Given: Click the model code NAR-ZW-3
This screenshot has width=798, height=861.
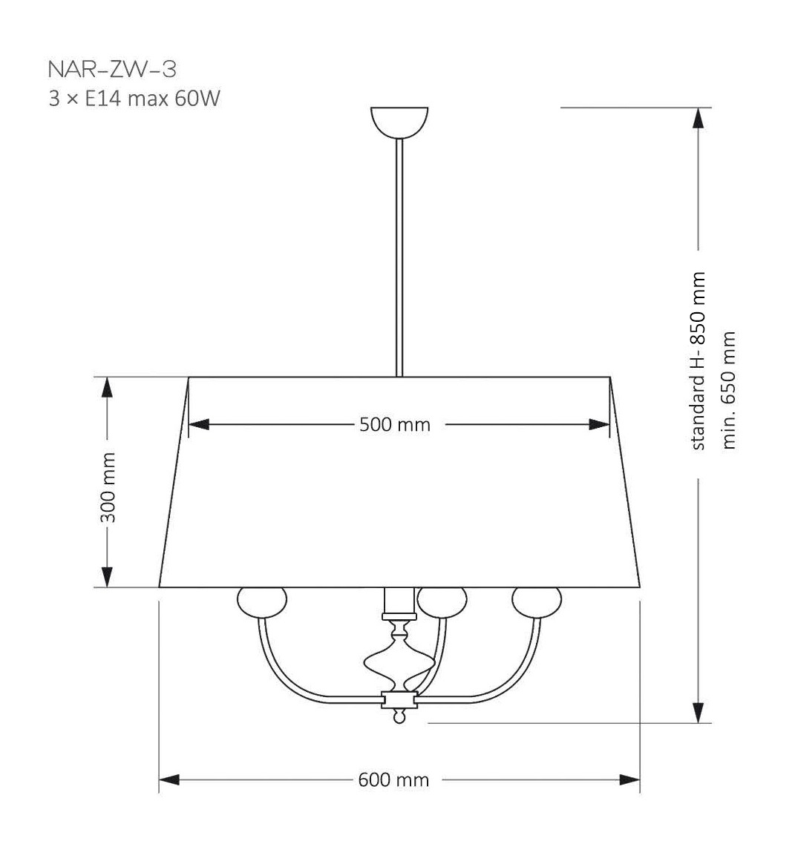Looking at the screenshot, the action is [112, 69].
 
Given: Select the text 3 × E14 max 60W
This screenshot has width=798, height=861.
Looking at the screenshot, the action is [134, 99].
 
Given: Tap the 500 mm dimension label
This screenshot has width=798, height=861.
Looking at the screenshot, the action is [395, 424].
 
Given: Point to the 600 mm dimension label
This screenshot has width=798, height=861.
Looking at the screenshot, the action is [393, 779].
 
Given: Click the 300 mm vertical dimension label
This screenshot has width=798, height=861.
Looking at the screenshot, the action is [108, 488].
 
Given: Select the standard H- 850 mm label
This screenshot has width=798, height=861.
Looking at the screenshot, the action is [698, 360].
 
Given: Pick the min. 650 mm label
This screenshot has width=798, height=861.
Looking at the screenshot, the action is [729, 390].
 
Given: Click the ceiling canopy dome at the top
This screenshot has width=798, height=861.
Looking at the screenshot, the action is [399, 122].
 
